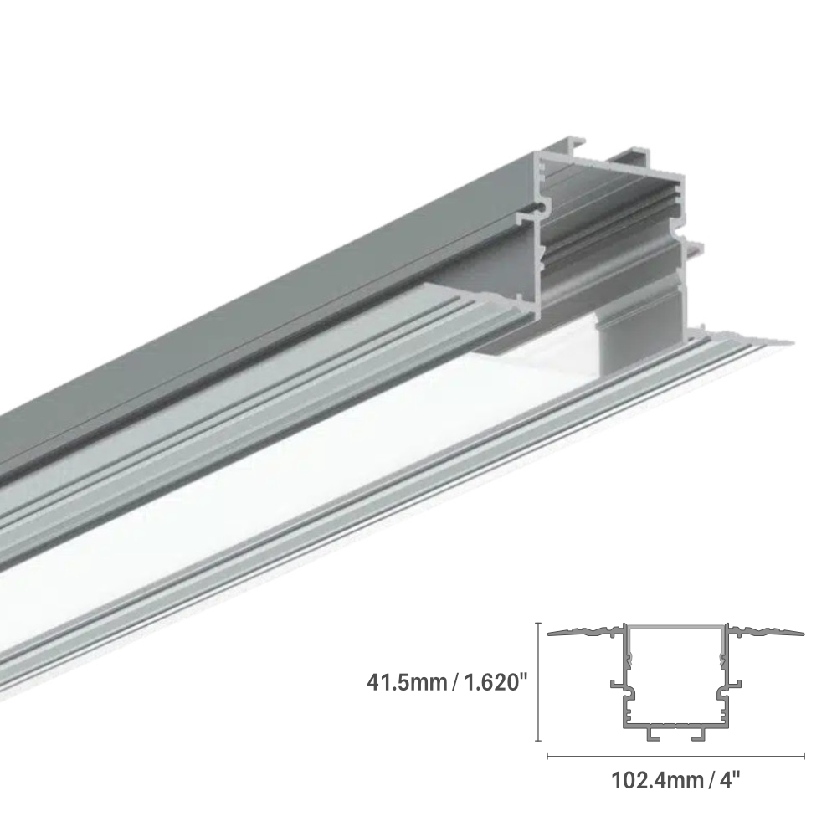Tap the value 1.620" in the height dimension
(490, 681)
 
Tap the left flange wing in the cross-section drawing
(586, 630)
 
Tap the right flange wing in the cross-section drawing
(766, 630)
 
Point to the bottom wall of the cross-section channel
(675, 725)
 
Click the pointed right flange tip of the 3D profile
(787, 341)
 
